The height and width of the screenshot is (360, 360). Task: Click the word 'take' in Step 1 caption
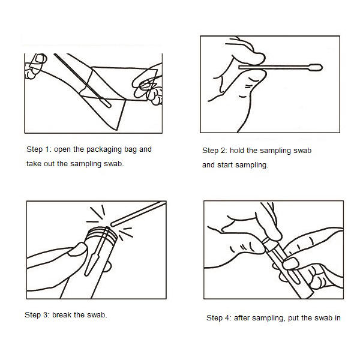pyautogui.click(x=35, y=164)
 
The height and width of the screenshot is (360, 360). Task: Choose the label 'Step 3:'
pyautogui.click(x=37, y=314)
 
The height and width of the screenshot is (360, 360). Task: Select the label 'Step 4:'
pyautogui.click(x=219, y=318)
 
